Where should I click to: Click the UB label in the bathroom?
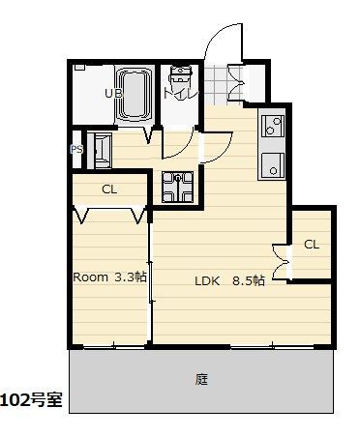pos(113,94)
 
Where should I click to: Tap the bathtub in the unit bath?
pos(134,95)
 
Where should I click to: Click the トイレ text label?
pos(180,94)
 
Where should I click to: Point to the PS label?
pos(76,149)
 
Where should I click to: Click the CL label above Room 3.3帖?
pos(109,189)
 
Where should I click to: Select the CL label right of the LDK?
pos(312,245)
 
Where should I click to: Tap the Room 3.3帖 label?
pos(110,277)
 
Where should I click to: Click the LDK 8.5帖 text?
pos(229,280)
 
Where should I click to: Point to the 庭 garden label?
pos(201,379)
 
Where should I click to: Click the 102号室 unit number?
pos(31,400)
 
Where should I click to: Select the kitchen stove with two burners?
pos(273,126)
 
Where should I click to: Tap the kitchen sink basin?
pos(273,166)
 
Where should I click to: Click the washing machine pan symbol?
pos(178,188)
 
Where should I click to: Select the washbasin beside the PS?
pos(100,151)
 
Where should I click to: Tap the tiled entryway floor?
pos(216,84)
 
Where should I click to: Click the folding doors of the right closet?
pos(281,262)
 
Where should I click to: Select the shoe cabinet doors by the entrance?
pos(236,83)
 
